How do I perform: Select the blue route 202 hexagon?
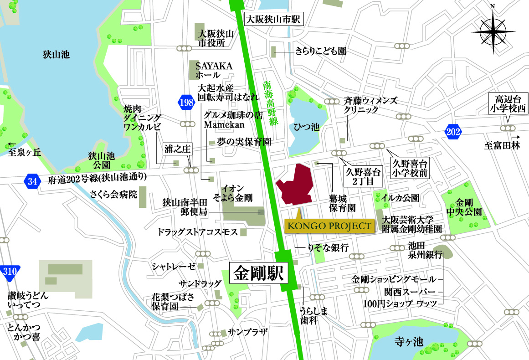[454, 132]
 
